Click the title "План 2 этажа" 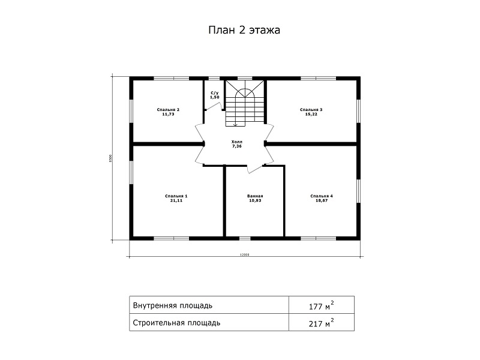[x=244, y=30]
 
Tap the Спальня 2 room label [x=168, y=110]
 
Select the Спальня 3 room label [x=311, y=110]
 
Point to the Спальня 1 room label [x=176, y=196]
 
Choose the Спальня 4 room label [x=322, y=196]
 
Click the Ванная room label [x=256, y=196]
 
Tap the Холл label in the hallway [x=236, y=142]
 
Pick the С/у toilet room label [x=215, y=93]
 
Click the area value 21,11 [x=176, y=200]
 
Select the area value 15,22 [x=311, y=114]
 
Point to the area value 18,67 [x=322, y=200]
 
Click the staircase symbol [x=245, y=103]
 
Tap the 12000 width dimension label [x=244, y=254]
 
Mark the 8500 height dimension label [x=110, y=158]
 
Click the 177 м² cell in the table [x=321, y=305]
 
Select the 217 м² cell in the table [x=321, y=323]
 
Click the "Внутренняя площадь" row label [x=173, y=305]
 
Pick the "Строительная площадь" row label [x=176, y=323]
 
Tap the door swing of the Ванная [x=254, y=170]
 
